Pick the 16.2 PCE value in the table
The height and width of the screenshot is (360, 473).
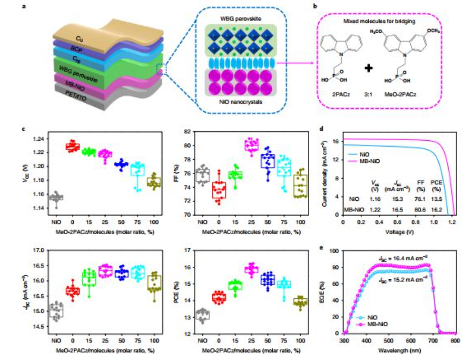(x=438, y=209)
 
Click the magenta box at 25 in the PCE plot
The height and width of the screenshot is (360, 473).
(x=250, y=270)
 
